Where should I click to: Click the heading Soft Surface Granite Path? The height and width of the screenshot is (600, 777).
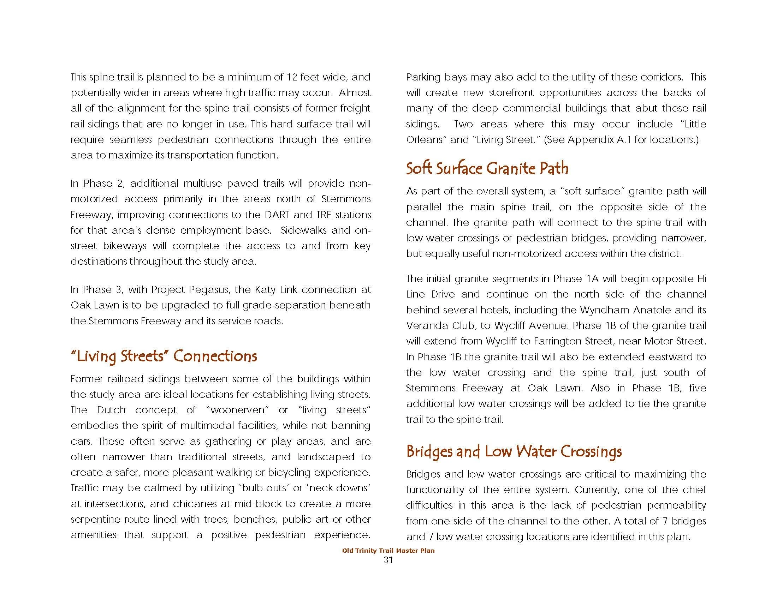pyautogui.click(x=487, y=168)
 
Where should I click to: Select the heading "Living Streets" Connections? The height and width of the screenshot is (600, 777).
pyautogui.click(x=164, y=356)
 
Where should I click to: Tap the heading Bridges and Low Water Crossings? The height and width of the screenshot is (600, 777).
pyautogui.click(x=514, y=451)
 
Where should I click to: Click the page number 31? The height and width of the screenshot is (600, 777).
pyautogui.click(x=388, y=560)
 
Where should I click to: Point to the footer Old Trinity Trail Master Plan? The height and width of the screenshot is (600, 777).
pyautogui.click(x=388, y=551)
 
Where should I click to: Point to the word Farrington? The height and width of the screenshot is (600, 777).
pyautogui.click(x=556, y=341)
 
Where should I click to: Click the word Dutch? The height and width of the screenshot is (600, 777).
pyautogui.click(x=111, y=410)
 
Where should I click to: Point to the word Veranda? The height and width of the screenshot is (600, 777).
pyautogui.click(x=426, y=326)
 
